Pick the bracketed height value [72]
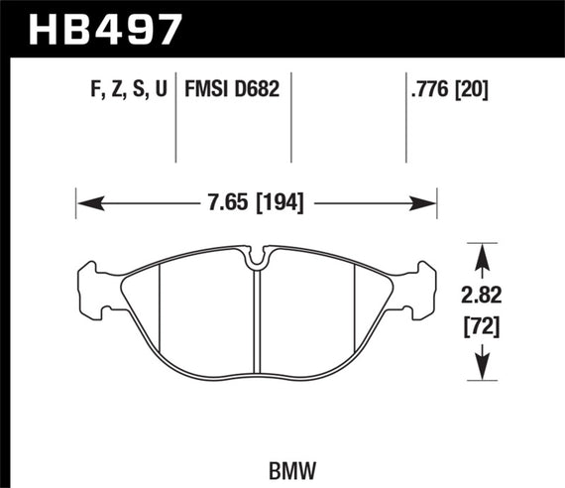(483, 324)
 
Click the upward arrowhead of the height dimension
(483, 256)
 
